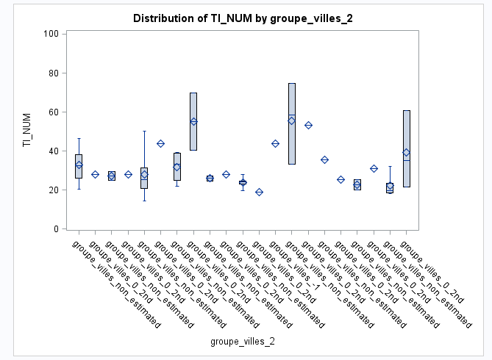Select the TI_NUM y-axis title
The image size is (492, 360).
click(27, 131)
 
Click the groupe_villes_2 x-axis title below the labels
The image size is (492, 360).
click(243, 342)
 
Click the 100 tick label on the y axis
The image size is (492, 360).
click(51, 34)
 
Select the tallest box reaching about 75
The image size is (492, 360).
click(292, 123)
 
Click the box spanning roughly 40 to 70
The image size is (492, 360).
click(193, 121)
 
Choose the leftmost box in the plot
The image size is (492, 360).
click(79, 166)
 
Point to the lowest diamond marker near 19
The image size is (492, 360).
click(259, 192)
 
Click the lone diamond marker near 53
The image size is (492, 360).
click(309, 125)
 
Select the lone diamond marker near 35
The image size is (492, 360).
click(325, 159)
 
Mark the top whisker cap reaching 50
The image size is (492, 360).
click(144, 131)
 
